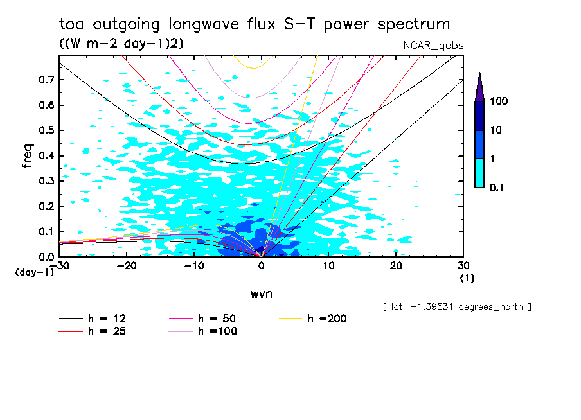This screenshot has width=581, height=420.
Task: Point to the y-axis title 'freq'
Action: point(28,156)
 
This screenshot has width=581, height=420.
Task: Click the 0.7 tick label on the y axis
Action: point(46,80)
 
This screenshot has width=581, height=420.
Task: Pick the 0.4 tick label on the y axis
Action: point(46,156)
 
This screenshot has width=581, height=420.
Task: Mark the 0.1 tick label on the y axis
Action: point(46,232)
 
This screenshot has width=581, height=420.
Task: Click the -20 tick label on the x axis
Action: point(127,265)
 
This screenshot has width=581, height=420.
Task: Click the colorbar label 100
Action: point(499,101)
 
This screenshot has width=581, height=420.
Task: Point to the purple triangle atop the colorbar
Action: point(479,87)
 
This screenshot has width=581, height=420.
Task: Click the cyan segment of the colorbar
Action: point(479,173)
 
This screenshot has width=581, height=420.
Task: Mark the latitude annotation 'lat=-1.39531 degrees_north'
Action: point(456,306)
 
